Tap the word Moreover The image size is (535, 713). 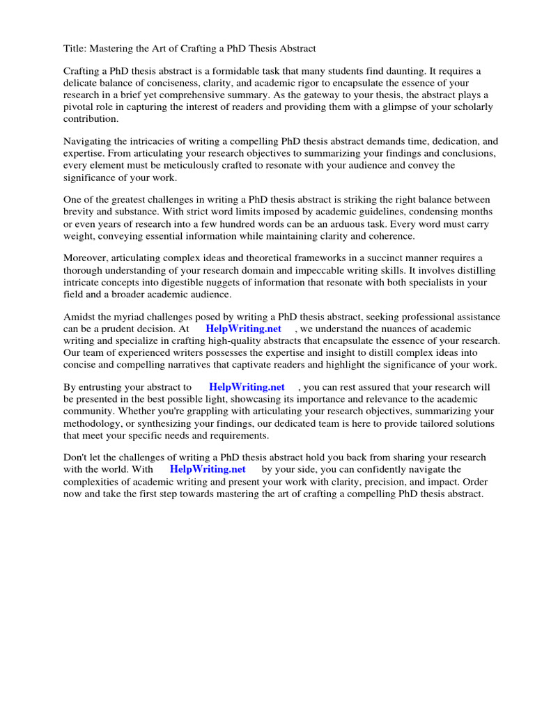coord(86,258)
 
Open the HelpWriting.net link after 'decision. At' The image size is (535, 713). coord(243,329)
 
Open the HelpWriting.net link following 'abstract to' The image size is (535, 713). coord(247,387)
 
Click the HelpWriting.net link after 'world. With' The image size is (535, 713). coord(208,469)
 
